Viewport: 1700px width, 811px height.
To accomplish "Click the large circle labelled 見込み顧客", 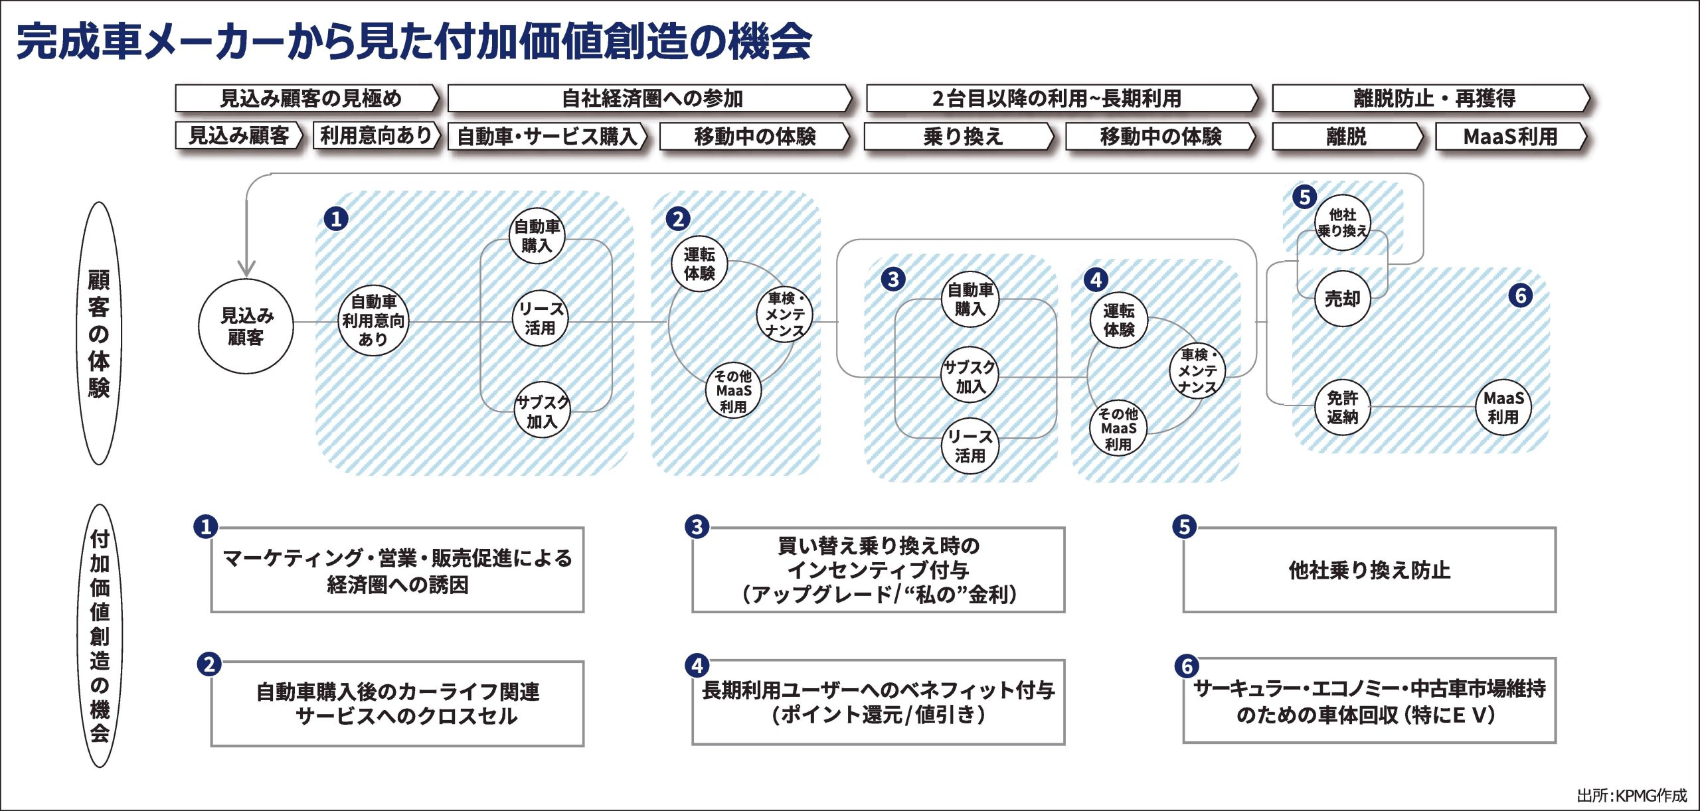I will pyautogui.click(x=246, y=326).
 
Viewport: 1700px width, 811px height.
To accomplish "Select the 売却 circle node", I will pyautogui.click(x=1342, y=299).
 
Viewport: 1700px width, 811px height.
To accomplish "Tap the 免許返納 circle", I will pyautogui.click(x=1342, y=407).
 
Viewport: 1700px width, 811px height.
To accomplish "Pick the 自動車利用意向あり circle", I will pyautogui.click(x=373, y=321).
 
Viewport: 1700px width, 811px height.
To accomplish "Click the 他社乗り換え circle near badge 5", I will pyautogui.click(x=1342, y=223).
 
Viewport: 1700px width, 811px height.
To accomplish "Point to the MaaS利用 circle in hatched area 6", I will pyautogui.click(x=1503, y=407).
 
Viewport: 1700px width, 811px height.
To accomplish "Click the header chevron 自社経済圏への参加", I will pyautogui.click(x=650, y=98).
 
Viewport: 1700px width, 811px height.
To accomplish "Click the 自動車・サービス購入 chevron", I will pyautogui.click(x=547, y=136).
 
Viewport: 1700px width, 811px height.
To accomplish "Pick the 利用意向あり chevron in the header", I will pyautogui.click(x=377, y=135).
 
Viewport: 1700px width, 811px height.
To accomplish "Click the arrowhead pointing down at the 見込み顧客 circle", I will pyautogui.click(x=246, y=269).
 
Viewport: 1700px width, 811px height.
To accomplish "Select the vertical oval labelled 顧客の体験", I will pyautogui.click(x=99, y=333).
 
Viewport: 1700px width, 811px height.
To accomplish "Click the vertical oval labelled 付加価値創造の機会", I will pyautogui.click(x=100, y=635).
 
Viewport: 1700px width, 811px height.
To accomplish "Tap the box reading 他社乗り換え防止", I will pyautogui.click(x=1369, y=570).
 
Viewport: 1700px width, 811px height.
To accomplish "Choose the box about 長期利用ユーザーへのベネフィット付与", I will pyautogui.click(x=878, y=702).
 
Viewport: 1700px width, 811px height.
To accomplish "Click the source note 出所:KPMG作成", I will pyautogui.click(x=1631, y=795).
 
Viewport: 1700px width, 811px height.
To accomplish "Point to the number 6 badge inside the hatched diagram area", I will pyautogui.click(x=1521, y=295).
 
